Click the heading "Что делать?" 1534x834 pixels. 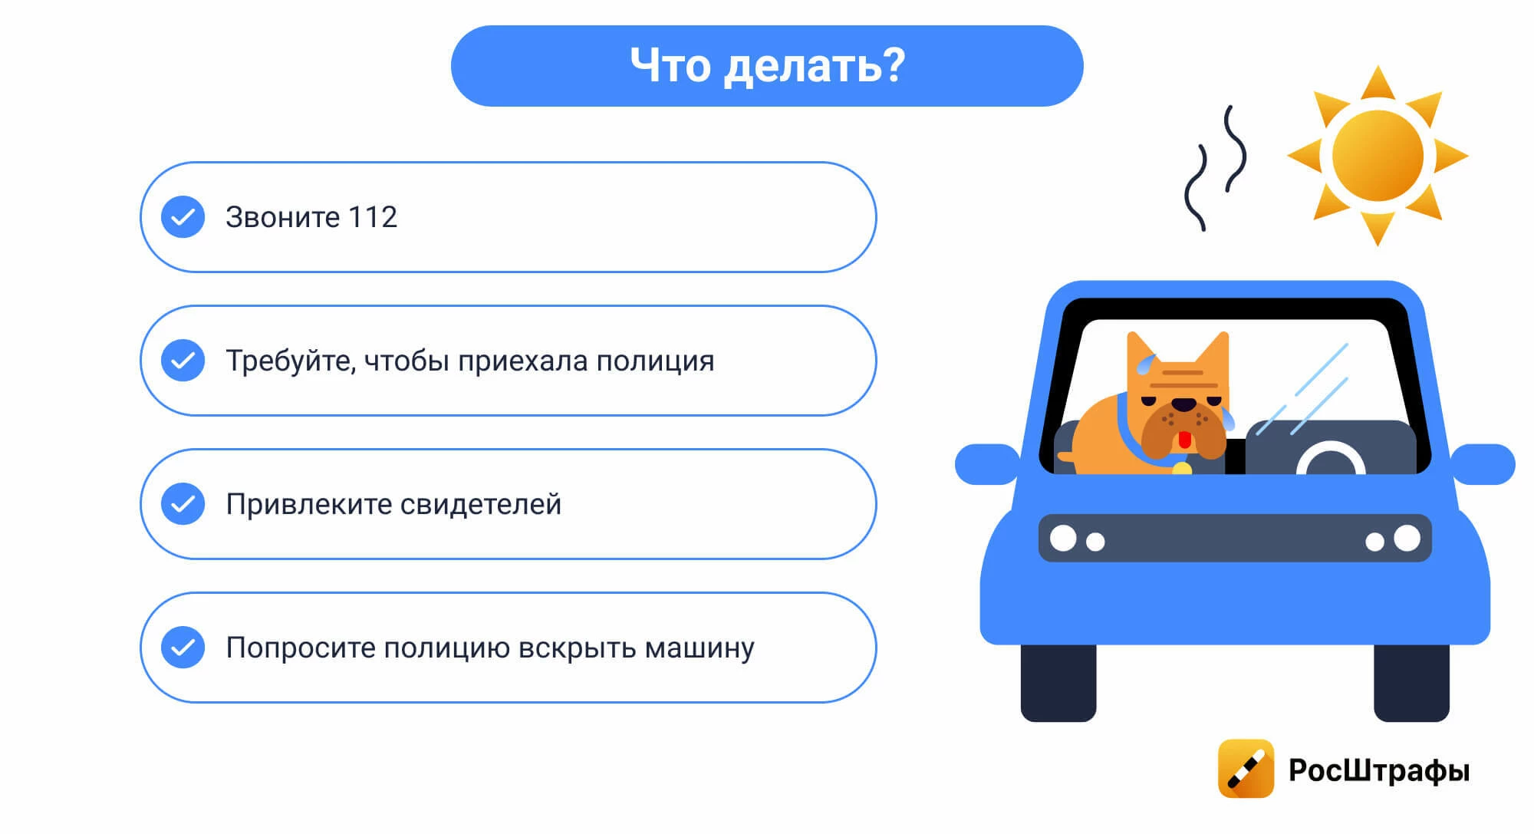pyautogui.click(x=767, y=65)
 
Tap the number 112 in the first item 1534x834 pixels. pyautogui.click(x=373, y=217)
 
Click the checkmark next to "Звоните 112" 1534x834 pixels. pyautogui.click(x=183, y=217)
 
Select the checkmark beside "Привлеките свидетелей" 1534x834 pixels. pyautogui.click(x=183, y=504)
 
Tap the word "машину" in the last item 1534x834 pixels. pyautogui.click(x=700, y=648)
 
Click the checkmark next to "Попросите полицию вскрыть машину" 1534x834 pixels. pyautogui.click(x=183, y=648)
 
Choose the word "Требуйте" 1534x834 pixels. pyautogui.click(x=291, y=361)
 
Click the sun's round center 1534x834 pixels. pyautogui.click(x=1378, y=156)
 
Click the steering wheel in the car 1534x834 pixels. pyautogui.click(x=1331, y=460)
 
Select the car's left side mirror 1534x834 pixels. pyautogui.click(x=987, y=464)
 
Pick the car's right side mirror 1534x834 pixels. pyautogui.click(x=1483, y=464)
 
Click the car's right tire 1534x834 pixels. pyautogui.click(x=1411, y=682)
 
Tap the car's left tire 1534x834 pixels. pyautogui.click(x=1058, y=682)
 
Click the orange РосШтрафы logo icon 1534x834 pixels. pyautogui.click(x=1246, y=769)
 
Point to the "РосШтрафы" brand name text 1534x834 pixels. pyautogui.click(x=1379, y=770)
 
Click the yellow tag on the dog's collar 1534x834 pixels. pyautogui.click(x=1182, y=467)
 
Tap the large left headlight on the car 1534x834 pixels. pyautogui.click(x=1063, y=538)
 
